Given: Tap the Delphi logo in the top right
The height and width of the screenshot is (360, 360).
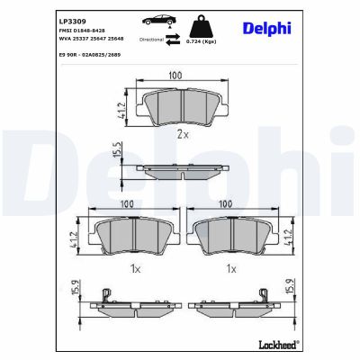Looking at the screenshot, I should pyautogui.click(x=268, y=29).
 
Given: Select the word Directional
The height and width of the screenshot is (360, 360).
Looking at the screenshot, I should pyautogui.click(x=152, y=40).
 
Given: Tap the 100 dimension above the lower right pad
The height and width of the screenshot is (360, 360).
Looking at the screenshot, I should pyautogui.click(x=229, y=203).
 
